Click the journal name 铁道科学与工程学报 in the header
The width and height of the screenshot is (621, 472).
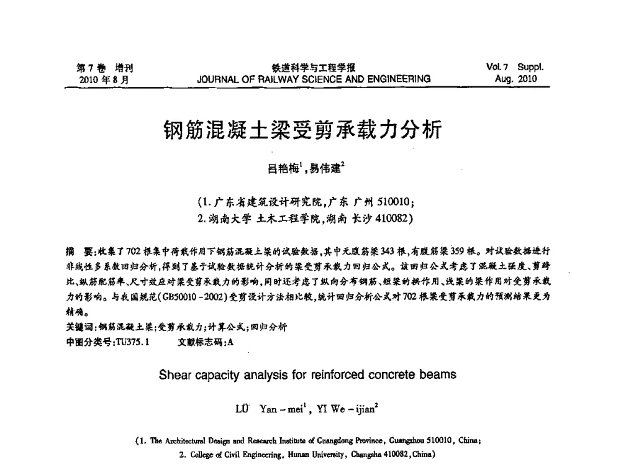pos(309,69)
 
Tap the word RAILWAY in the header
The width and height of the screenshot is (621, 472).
pos(278,79)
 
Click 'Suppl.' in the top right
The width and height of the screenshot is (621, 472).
pos(531,68)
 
